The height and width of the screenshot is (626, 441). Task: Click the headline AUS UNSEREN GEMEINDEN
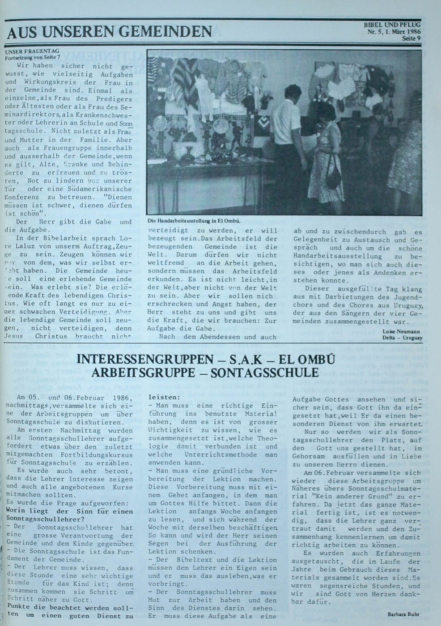110,32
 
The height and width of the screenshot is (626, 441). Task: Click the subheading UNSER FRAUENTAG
32,51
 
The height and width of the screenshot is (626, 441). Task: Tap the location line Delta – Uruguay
403,338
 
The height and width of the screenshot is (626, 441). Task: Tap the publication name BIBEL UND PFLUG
392,26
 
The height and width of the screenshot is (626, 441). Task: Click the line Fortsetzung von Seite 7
32,57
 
